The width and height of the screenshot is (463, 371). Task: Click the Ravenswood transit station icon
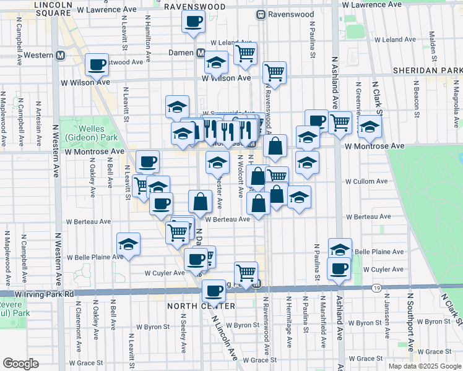click(262, 14)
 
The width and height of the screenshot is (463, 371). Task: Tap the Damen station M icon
click(201, 53)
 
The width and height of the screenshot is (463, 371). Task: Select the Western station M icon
click(61, 55)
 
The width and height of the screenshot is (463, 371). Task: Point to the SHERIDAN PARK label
click(428, 72)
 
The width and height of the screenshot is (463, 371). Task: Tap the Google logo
click(20, 364)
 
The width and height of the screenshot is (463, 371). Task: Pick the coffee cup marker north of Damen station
click(193, 22)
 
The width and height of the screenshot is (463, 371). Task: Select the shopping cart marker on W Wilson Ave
click(274, 72)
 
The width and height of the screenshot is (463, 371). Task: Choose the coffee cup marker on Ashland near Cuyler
click(339, 268)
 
